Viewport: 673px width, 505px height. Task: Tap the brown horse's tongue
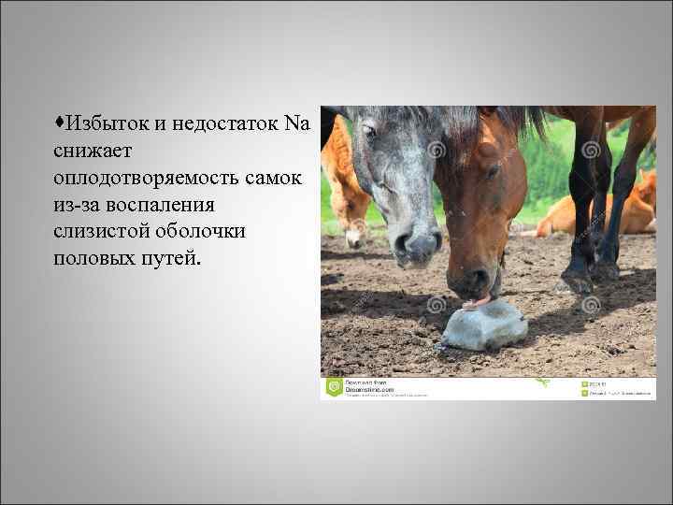pos(477,302)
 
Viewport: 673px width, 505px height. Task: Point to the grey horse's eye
pos(370,132)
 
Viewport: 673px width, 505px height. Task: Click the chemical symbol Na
pos(296,123)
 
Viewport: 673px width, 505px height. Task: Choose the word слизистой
pos(102,230)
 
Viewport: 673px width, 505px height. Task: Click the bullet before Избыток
pos(58,123)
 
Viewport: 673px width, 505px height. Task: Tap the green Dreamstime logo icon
pos(333,387)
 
